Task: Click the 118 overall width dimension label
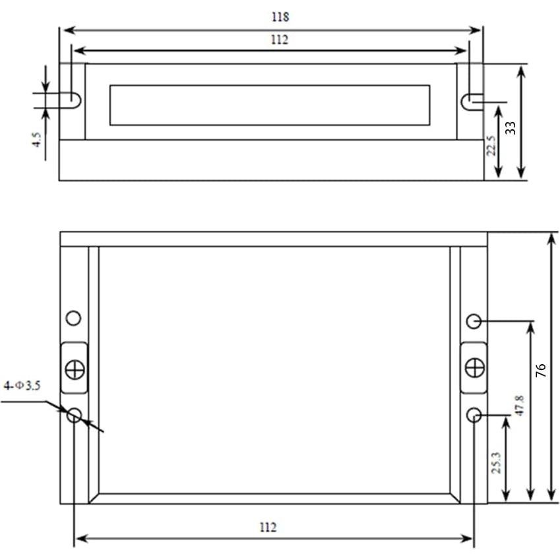point(280,17)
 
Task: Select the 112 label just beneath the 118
point(280,40)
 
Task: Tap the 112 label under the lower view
point(268,527)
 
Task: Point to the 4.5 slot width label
point(37,140)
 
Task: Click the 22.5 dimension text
point(490,146)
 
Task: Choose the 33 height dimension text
point(510,127)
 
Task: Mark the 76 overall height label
point(541,370)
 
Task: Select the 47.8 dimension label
point(519,405)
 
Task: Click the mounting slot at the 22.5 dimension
point(471,102)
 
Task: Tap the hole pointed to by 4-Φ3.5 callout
point(74,415)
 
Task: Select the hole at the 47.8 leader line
point(474,321)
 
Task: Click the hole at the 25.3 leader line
point(474,415)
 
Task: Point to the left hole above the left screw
point(74,318)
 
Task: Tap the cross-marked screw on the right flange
point(474,367)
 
